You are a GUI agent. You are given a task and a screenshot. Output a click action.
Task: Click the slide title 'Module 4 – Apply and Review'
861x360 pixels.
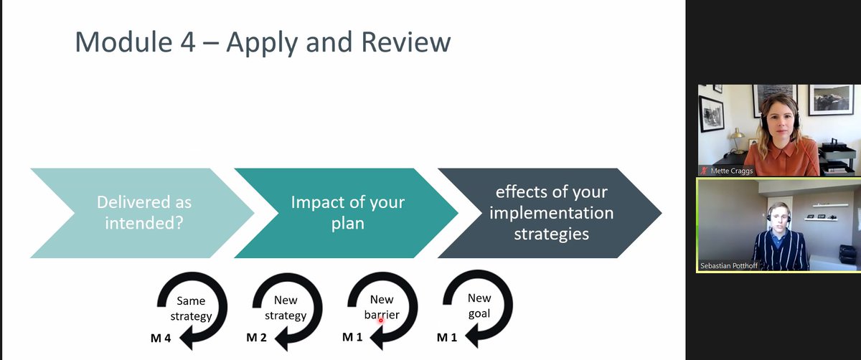click(x=263, y=42)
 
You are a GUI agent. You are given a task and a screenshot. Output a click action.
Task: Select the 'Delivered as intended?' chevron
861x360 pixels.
click(x=143, y=213)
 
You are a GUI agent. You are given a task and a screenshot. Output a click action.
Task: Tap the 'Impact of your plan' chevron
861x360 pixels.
click(x=347, y=213)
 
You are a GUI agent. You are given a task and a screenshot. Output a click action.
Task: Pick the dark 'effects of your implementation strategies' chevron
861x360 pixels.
click(x=550, y=213)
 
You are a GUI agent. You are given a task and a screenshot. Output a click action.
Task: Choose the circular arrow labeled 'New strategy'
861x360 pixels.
click(x=286, y=309)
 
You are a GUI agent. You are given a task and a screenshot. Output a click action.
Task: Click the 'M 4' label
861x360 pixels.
click(x=160, y=338)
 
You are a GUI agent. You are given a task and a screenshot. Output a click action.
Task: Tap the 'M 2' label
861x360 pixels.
click(x=257, y=338)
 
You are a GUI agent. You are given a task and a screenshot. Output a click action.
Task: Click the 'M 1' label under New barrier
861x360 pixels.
click(x=352, y=338)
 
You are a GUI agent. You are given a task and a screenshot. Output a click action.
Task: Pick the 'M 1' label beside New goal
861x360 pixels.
click(x=446, y=338)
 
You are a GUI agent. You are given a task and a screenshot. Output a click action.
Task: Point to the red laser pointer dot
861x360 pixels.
click(x=381, y=321)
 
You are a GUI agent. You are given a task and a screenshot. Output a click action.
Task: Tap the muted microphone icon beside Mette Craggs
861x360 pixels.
click(x=707, y=171)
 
